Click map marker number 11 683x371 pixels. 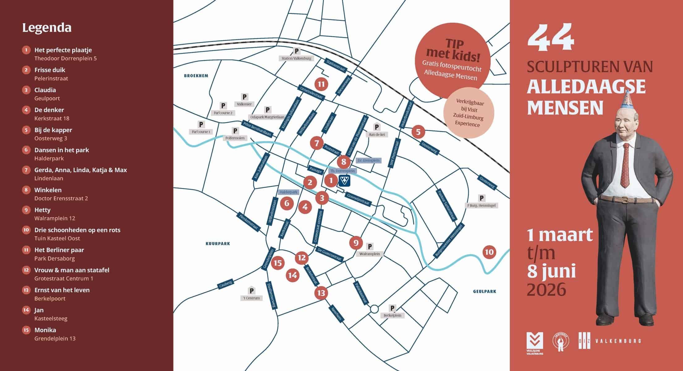(x=321, y=84)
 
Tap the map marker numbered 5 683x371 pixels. (x=418, y=132)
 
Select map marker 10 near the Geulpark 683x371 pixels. (x=489, y=252)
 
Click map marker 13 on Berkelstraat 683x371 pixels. (x=321, y=293)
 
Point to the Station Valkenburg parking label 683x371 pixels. (x=296, y=58)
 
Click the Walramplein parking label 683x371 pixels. (x=370, y=254)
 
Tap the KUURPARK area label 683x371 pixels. (x=218, y=244)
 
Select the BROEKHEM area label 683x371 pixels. (x=196, y=76)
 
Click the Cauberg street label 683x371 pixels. (x=225, y=284)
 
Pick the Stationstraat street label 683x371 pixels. (x=336, y=65)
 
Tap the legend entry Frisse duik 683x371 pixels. (x=50, y=70)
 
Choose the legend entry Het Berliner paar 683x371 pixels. (x=59, y=250)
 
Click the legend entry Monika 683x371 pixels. (x=45, y=330)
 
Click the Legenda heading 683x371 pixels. (x=47, y=28)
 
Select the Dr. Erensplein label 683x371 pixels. (x=368, y=160)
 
